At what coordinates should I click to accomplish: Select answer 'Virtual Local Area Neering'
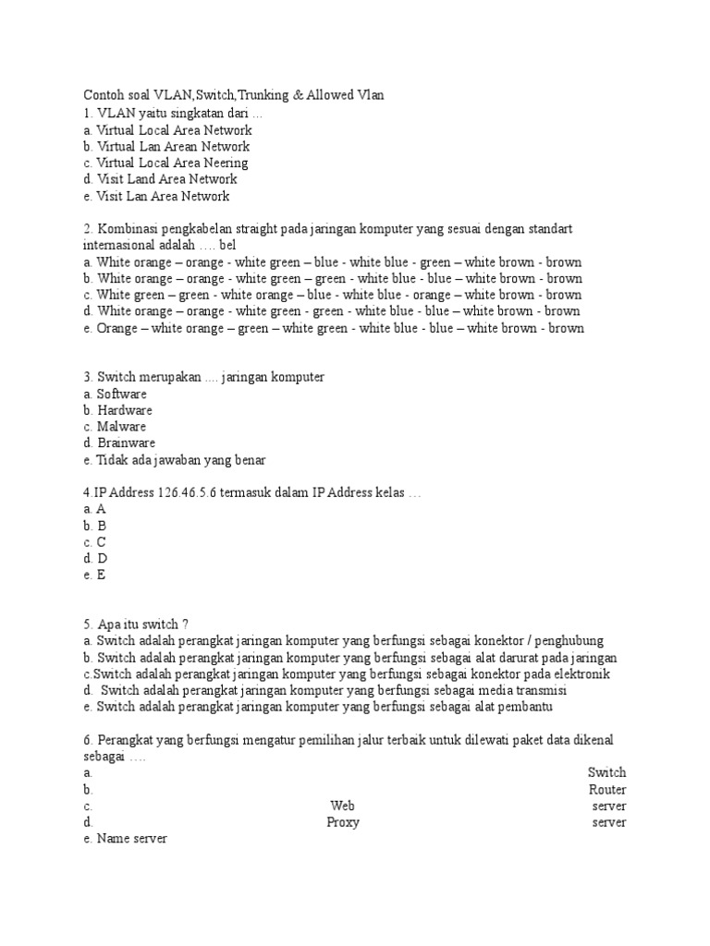(x=173, y=163)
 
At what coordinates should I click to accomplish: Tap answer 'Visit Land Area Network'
(x=166, y=179)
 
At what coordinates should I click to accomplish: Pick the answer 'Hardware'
(x=125, y=410)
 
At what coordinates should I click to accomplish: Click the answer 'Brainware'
(x=126, y=443)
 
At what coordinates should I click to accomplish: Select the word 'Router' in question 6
(x=607, y=790)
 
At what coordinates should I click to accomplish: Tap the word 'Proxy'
(x=343, y=822)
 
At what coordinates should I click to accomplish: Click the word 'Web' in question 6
(x=342, y=806)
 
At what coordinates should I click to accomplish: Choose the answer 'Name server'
(x=131, y=839)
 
